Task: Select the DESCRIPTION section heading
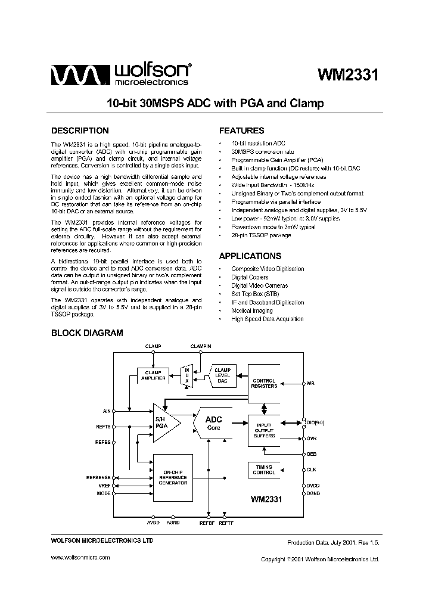[x=80, y=130]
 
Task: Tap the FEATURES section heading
[x=241, y=130]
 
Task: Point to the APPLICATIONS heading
[x=250, y=256]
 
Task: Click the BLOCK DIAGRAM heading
[x=87, y=333]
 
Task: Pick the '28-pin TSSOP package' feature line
[x=261, y=235]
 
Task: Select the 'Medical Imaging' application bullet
[x=252, y=310]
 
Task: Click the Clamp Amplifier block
[x=153, y=376]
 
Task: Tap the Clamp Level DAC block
[x=222, y=377]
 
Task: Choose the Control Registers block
[x=264, y=383]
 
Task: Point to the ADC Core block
[x=213, y=423]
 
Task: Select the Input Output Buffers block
[x=264, y=430]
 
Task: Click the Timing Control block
[x=264, y=470]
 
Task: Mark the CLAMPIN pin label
[x=201, y=346]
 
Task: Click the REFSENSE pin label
[x=98, y=478]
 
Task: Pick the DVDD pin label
[x=313, y=486]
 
